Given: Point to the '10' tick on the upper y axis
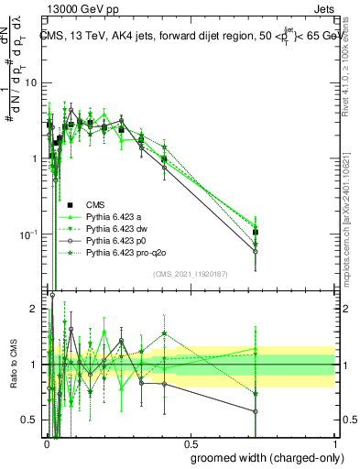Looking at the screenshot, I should click(x=34, y=82).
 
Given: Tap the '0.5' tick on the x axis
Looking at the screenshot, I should click(x=190, y=440).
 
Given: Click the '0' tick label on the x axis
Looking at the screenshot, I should click(x=46, y=440).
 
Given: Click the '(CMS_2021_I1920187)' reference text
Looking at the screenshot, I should click(x=190, y=274).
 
